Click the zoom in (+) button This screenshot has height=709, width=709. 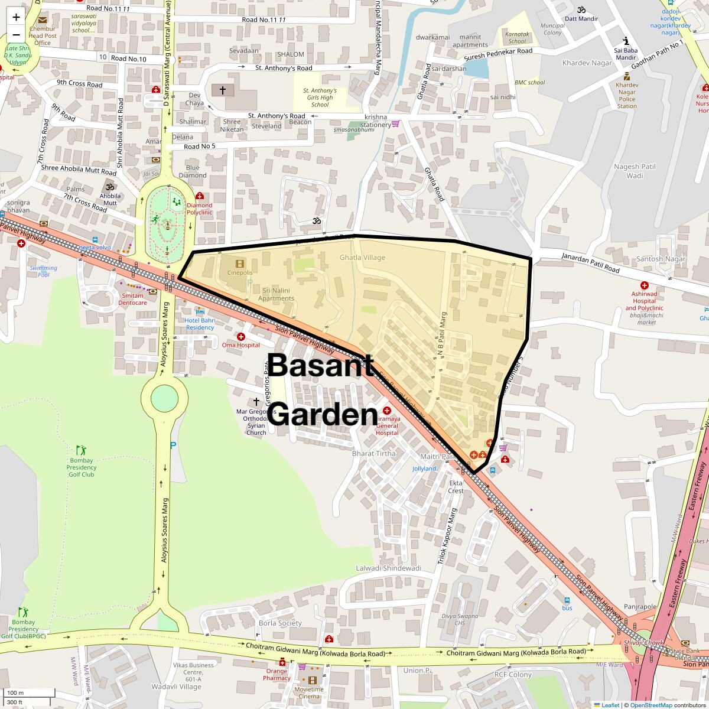coord(16,17)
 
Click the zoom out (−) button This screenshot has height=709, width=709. coord(16,34)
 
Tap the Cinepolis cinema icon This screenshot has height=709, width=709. coord(239,264)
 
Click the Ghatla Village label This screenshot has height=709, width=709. coord(362,258)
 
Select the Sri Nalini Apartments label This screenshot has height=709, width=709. coord(276,294)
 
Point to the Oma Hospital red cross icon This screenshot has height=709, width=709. coord(241,336)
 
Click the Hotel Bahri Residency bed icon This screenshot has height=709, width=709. coord(200,312)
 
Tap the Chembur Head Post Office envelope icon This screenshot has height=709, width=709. coord(43,20)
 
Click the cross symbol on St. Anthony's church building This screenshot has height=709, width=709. coord(223,90)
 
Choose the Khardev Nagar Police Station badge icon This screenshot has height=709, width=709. coord(627,76)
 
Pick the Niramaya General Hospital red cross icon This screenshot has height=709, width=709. coord(387,411)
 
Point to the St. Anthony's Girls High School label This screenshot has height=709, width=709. coord(320,97)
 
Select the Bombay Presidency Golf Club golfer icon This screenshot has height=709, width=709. coord(80,450)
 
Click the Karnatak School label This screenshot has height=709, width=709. coord(516,38)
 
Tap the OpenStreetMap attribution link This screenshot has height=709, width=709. coord(651,705)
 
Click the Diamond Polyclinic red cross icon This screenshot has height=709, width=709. coord(200,196)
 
